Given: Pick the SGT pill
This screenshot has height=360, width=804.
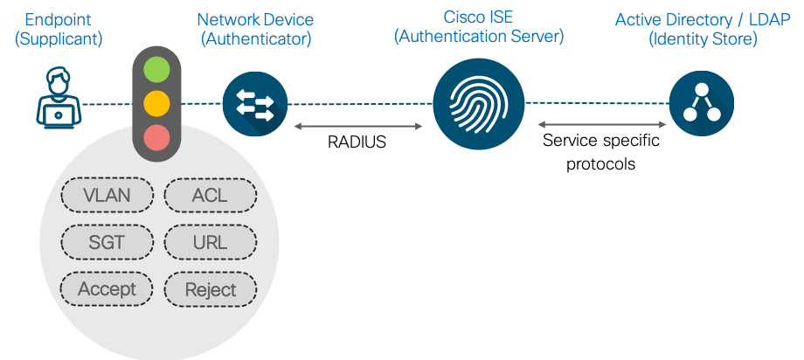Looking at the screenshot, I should coord(107,242).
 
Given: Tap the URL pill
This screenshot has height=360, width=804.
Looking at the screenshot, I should coord(210,242).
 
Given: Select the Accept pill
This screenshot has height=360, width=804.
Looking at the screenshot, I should coord(107,289).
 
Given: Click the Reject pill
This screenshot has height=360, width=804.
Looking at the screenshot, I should coord(210,289).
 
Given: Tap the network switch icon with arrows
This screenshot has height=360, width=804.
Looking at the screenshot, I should coord(254,103).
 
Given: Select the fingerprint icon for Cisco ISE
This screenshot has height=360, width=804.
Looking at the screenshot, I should coord(478,103).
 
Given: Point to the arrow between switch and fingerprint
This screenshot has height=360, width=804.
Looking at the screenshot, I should coord(358,128).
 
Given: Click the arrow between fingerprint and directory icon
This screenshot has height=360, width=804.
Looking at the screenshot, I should coord(602,126).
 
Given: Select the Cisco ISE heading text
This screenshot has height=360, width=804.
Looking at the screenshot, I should coord(478,18).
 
